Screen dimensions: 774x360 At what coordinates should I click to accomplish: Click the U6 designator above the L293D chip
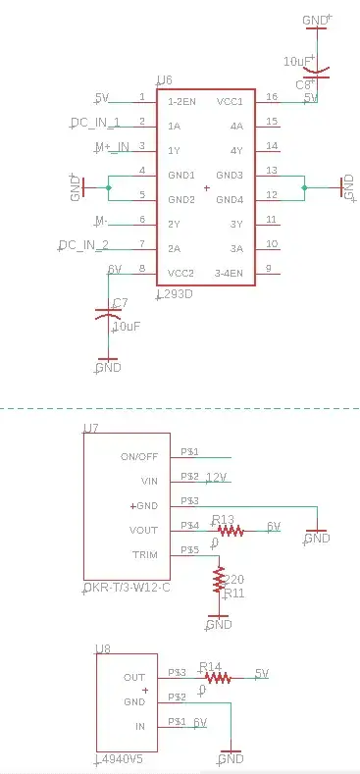[164, 80]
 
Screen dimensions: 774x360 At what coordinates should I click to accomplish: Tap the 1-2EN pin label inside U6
[183, 101]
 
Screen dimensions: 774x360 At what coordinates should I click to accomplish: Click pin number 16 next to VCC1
[272, 97]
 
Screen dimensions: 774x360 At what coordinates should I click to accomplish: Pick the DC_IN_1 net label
[95, 123]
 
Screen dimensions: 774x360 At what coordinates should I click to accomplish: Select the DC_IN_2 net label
[83, 245]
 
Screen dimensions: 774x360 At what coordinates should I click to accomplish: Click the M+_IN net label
[111, 147]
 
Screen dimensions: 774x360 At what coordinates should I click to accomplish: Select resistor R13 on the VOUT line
[230, 531]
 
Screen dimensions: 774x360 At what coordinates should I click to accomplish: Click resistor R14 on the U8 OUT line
[216, 677]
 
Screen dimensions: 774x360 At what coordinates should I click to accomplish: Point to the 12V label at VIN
[216, 477]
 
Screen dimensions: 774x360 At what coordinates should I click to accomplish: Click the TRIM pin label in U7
[144, 555]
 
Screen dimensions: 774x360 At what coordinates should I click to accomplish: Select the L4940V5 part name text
[123, 759]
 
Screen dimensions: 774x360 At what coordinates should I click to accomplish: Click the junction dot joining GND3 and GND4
[305, 186]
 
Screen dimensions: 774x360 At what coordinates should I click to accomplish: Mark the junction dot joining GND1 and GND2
[108, 186]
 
